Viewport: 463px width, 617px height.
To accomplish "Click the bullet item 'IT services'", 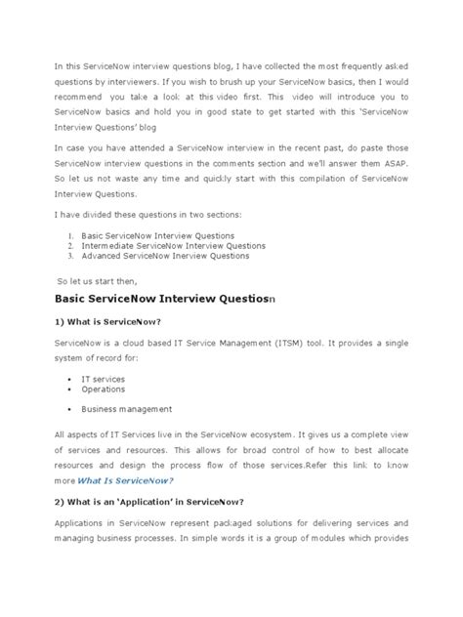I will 105,377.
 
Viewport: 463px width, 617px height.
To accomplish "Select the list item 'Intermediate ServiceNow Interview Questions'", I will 174,246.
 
